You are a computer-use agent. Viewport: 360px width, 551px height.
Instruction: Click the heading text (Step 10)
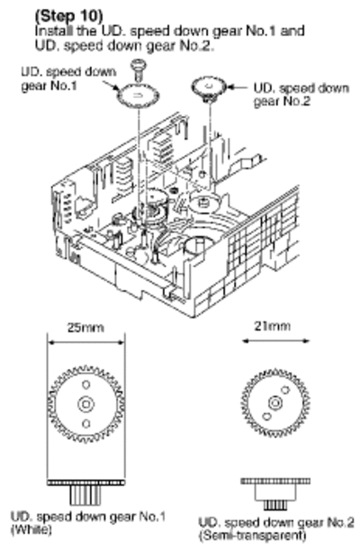point(68,16)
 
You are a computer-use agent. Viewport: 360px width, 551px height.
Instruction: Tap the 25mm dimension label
point(85,328)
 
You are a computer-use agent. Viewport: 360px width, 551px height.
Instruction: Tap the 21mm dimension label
point(272,326)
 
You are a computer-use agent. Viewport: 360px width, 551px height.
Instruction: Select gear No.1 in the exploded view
point(138,95)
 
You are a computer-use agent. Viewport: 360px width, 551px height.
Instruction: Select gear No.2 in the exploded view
point(209,88)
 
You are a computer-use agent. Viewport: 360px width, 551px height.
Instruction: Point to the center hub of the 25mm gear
point(86,404)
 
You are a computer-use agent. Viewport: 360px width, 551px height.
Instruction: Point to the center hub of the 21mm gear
point(275,402)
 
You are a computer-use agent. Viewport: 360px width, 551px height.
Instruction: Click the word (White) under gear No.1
point(31,529)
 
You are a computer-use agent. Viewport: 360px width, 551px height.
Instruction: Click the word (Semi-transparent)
point(253,536)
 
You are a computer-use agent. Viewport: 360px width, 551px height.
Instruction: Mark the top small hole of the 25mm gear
point(86,384)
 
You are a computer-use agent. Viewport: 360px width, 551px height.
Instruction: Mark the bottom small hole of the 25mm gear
point(86,424)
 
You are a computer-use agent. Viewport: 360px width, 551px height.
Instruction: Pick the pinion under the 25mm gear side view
point(85,495)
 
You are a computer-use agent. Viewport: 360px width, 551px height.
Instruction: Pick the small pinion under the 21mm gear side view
point(275,505)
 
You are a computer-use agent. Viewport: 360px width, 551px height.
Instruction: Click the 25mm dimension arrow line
point(86,342)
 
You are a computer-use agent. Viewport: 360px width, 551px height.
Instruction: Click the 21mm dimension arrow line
point(276,340)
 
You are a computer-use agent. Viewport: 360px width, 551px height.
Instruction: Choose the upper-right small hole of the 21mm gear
point(285,389)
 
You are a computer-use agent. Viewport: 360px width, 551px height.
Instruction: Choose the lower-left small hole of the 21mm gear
point(267,417)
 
